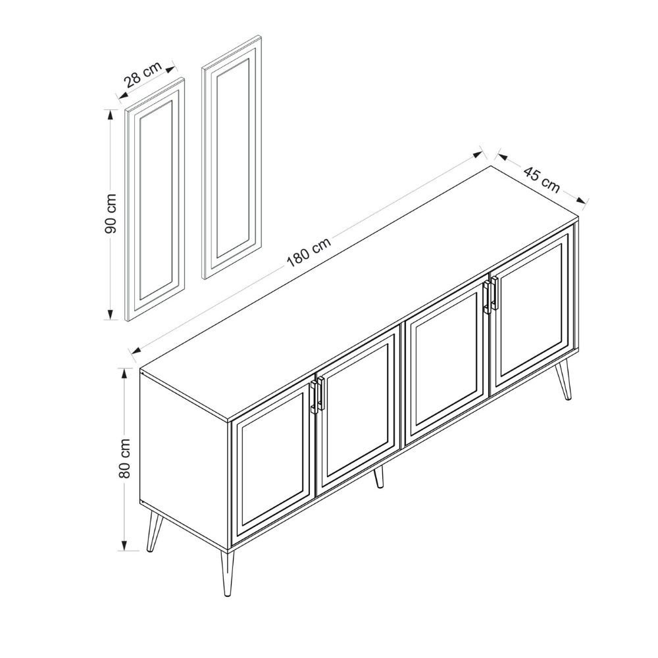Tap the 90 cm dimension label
pyautogui.click(x=111, y=214)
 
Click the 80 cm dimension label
pyautogui.click(x=125, y=458)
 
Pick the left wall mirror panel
pyautogui.click(x=155, y=199)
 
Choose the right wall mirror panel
pyautogui.click(x=232, y=158)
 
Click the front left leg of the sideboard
pyautogui.click(x=226, y=573)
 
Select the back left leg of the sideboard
pyautogui.click(x=154, y=532)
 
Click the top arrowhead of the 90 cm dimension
pyautogui.click(x=111, y=115)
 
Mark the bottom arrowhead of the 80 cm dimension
pyautogui.click(x=124, y=545)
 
